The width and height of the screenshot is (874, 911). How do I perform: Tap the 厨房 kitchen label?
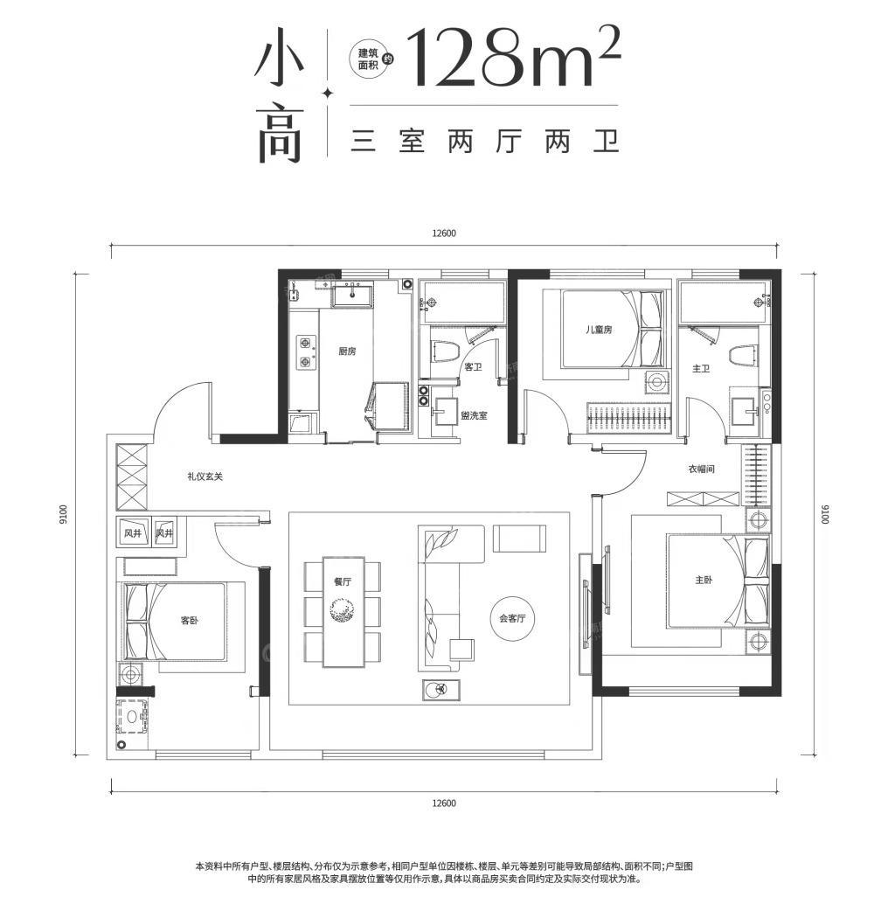point(347,351)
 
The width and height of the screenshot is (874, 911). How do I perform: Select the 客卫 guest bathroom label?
point(474,366)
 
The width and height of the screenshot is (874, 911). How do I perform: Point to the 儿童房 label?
point(599,330)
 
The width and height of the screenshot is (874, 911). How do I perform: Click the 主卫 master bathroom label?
point(700,368)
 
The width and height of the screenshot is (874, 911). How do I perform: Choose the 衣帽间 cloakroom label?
point(701,469)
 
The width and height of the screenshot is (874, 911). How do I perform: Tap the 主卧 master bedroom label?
point(704,580)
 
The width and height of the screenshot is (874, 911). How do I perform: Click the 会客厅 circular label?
point(511,618)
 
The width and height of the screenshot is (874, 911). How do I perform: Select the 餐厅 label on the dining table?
point(343,581)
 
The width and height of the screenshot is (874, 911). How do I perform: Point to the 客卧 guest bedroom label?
point(190,621)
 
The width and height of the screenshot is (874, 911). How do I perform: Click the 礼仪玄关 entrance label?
point(205,476)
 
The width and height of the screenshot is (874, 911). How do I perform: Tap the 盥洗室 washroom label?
point(474,415)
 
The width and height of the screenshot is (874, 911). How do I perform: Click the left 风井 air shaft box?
point(134,532)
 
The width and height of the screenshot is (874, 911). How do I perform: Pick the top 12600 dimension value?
point(444,233)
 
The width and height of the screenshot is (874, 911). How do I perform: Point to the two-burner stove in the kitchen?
point(305,352)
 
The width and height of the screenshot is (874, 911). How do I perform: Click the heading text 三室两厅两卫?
point(485,142)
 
